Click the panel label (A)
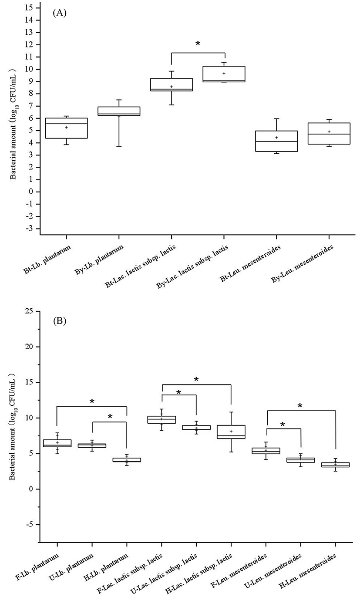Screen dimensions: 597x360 coord(60,13)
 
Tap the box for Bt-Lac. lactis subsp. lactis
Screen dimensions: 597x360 coord(172,84)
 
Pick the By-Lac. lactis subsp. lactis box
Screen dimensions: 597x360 coord(224,74)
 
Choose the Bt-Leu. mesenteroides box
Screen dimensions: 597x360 coord(276,141)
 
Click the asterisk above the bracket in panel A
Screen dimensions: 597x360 coord(198,44)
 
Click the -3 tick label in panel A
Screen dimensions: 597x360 coord(30,229)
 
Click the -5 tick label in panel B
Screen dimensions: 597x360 coord(30,525)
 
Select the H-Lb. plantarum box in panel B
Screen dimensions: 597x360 coord(127,459)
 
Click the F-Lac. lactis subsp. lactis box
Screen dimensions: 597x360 coord(161,419)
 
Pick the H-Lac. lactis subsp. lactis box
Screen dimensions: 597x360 coord(231,432)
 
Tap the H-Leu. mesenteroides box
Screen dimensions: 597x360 coord(335,465)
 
